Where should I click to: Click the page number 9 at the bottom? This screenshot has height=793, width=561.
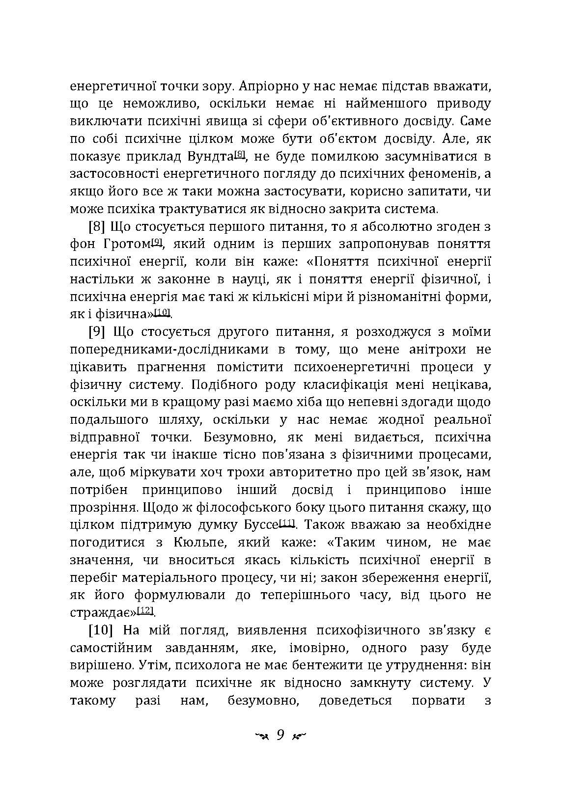(x=280, y=735)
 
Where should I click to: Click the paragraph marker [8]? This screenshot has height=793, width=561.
(x=97, y=227)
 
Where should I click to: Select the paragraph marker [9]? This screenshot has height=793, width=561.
(x=97, y=332)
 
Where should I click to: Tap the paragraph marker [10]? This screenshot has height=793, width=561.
(x=101, y=630)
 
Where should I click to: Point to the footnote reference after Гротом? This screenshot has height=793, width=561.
(x=157, y=242)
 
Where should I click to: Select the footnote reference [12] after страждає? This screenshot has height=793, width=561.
(x=146, y=609)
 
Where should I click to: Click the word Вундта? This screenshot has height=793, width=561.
(x=210, y=157)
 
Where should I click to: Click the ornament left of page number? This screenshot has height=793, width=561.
(x=261, y=736)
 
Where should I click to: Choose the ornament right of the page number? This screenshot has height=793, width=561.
(x=299, y=736)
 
